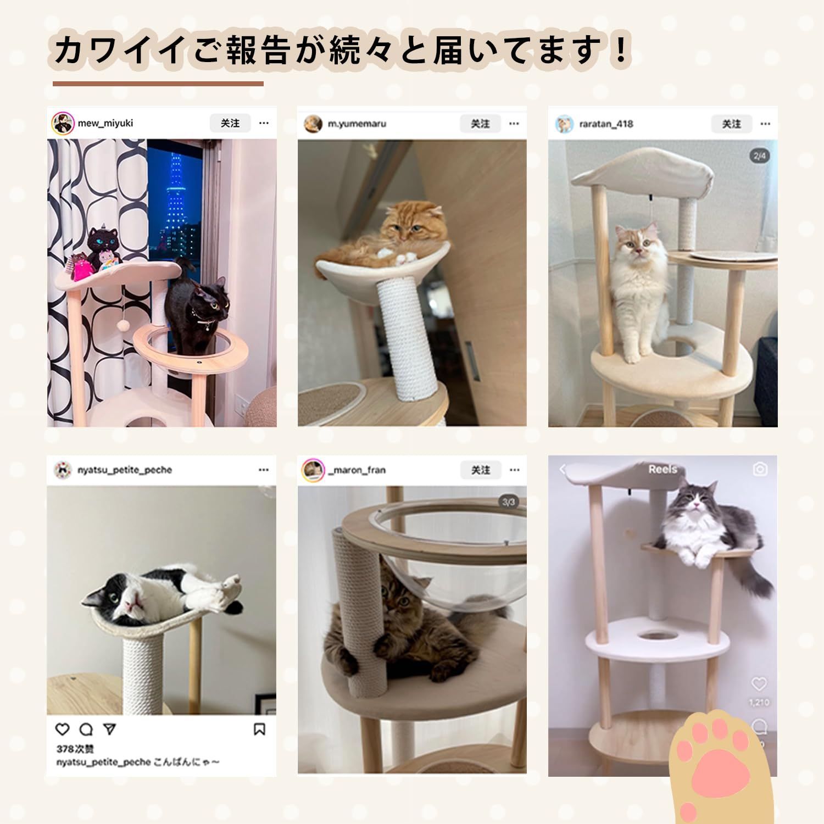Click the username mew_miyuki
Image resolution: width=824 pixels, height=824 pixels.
point(105,124)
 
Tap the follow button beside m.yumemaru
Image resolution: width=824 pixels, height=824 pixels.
point(480,124)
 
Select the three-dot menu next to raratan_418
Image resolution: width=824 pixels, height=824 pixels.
point(765,124)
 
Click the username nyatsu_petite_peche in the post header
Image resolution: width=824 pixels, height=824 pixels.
point(125,470)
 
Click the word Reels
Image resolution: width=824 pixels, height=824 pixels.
point(662,469)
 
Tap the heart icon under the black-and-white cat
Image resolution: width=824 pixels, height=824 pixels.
point(63,729)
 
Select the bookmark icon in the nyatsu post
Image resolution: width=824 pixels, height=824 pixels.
point(259,729)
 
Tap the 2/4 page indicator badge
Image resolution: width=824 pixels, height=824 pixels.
point(760,156)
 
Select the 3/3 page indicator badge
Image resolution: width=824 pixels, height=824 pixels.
point(509,502)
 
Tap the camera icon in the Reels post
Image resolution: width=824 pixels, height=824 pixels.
point(760,469)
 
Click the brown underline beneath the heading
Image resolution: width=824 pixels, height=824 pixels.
point(158,84)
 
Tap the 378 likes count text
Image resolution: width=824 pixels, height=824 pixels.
point(75,749)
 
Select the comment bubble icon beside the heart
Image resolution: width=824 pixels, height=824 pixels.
point(86,729)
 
